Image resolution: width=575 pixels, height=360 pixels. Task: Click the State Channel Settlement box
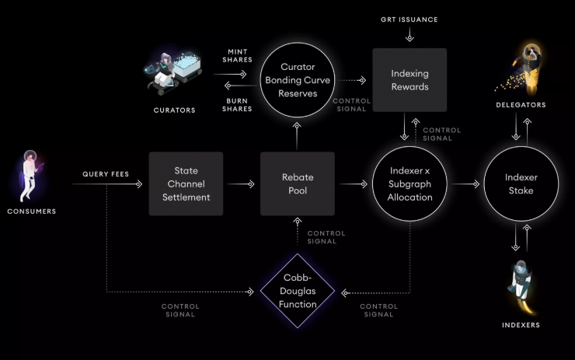coord(186,183)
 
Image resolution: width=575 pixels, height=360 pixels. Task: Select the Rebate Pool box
coord(298,183)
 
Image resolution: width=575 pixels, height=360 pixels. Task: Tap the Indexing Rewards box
coord(409,80)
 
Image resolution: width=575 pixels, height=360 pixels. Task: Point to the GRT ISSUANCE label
coord(409,19)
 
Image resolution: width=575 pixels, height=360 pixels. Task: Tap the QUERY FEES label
coord(106,174)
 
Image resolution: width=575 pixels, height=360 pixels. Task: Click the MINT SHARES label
coord(237,56)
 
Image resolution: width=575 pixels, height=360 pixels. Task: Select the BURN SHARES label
coord(237,105)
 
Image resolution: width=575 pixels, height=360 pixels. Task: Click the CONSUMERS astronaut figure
coord(31,176)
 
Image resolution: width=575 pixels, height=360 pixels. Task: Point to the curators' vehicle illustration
coord(173,73)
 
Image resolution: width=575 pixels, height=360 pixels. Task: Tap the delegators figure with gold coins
coord(521,70)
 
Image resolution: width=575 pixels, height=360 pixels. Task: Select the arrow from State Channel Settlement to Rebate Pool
coord(241,183)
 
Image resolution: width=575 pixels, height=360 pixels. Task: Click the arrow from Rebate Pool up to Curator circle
coord(297,136)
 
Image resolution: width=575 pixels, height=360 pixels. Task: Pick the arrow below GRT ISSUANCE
coord(409,34)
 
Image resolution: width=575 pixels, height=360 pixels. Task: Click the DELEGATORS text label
coord(521,105)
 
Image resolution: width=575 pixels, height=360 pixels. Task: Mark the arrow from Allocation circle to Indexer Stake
coord(465,183)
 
